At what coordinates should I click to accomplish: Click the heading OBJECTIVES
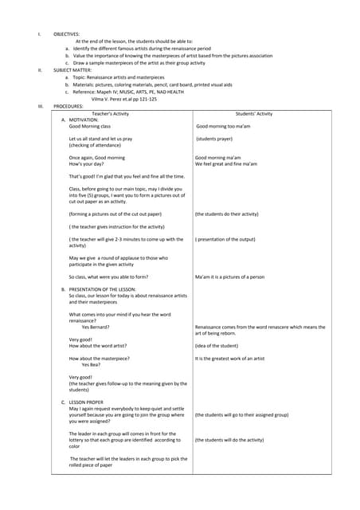click(66, 34)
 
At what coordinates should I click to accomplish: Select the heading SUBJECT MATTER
click(71, 70)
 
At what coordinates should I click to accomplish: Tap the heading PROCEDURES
click(68, 105)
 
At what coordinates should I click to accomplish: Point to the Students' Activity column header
click(254, 114)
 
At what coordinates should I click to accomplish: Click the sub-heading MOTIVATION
click(84, 120)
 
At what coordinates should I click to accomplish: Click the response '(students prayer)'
click(219, 139)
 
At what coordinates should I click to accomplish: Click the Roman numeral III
click(40, 105)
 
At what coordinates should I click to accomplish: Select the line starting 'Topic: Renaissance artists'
click(131, 77)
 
